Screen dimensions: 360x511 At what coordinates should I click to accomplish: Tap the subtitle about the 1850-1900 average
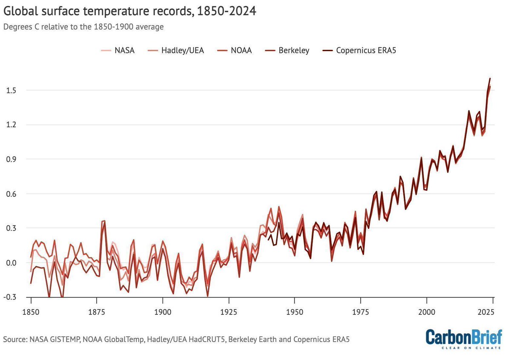(x=83, y=26)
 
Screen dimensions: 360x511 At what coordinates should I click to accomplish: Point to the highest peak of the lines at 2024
(x=490, y=78)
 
